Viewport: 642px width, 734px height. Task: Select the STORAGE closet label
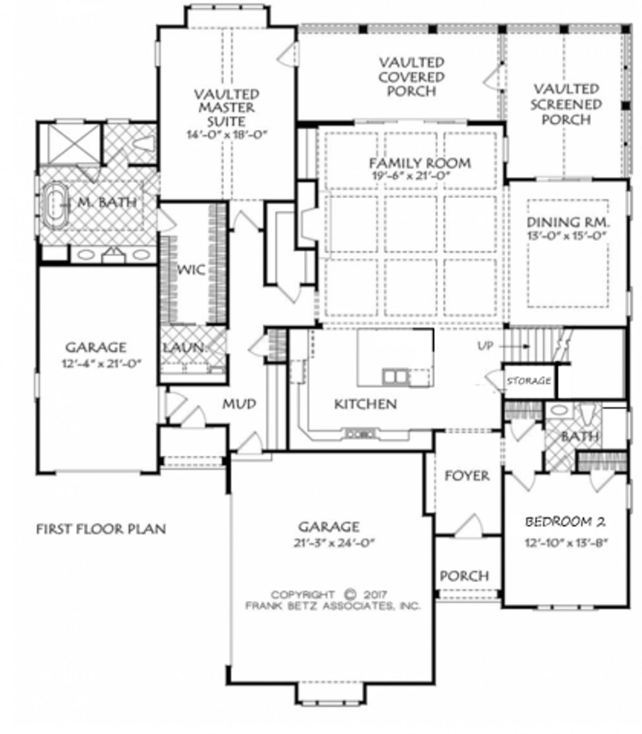point(529,381)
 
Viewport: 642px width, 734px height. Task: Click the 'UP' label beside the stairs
point(485,346)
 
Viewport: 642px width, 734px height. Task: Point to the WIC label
point(191,270)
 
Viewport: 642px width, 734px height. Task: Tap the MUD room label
point(239,404)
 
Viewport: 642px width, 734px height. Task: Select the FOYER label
point(467,475)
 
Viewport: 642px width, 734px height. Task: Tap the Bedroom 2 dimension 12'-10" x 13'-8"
point(567,542)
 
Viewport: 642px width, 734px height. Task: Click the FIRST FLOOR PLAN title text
point(101,529)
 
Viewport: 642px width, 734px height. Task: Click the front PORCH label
point(464,576)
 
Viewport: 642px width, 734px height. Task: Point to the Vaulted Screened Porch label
point(566,104)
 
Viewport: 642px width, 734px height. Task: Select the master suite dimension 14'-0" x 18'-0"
point(226,135)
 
